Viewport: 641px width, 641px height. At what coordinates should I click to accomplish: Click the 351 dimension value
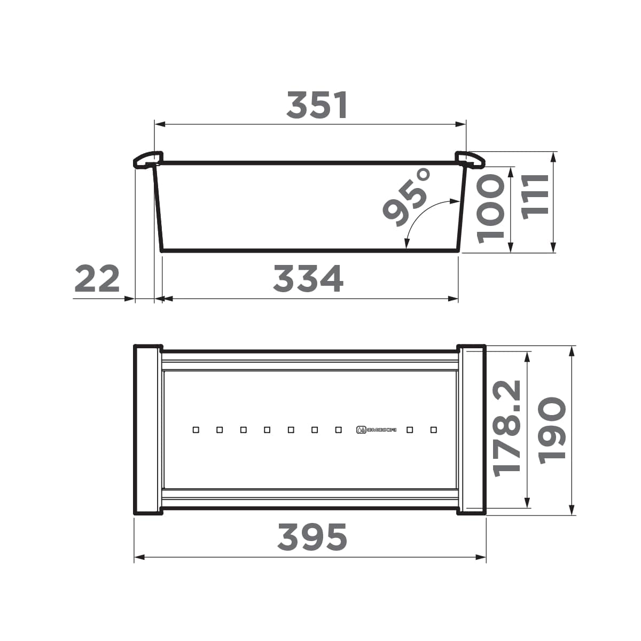click(317, 105)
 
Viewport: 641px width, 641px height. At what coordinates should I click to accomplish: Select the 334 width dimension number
click(308, 279)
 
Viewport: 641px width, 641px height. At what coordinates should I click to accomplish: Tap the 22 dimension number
click(97, 279)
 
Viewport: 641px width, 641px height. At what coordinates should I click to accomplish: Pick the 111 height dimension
click(535, 194)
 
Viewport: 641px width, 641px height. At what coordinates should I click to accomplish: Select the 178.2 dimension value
click(506, 428)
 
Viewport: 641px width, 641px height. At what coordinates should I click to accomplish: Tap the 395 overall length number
click(312, 537)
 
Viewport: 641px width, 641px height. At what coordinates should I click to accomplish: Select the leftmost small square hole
click(196, 429)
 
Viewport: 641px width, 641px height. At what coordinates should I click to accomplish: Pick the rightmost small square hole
click(433, 429)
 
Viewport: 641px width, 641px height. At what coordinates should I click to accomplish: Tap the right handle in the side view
click(470, 159)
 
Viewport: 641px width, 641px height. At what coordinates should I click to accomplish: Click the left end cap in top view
click(147, 429)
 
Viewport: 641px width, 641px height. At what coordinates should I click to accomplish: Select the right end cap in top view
click(471, 429)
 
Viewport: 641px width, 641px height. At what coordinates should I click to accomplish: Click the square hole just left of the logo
click(338, 429)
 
